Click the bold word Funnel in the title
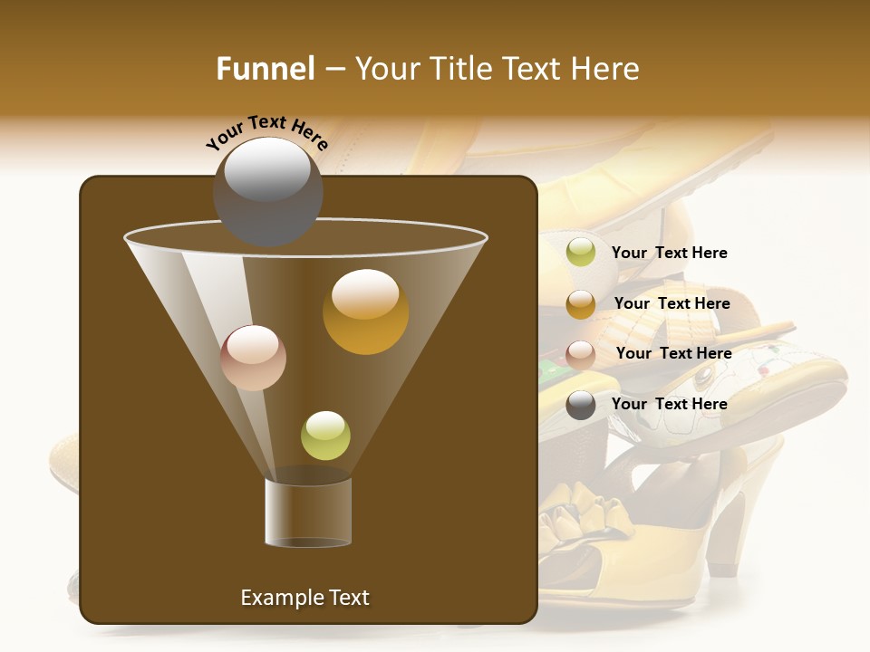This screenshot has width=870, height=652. click(x=265, y=69)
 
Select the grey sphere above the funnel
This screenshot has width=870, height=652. click(x=267, y=191)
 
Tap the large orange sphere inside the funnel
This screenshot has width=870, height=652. click(x=365, y=312)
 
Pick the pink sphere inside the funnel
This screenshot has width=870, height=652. click(x=253, y=358)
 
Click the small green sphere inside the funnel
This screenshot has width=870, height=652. click(x=325, y=436)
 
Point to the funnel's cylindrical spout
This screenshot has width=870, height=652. click(x=308, y=512)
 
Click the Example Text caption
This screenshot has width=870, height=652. click(x=304, y=598)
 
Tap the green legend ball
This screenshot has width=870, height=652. click(x=581, y=253)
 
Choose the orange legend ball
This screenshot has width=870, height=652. click(x=581, y=304)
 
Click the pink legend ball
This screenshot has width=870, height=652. click(x=581, y=354)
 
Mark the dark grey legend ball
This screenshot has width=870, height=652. click(x=581, y=405)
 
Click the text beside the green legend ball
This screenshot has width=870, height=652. click(x=669, y=253)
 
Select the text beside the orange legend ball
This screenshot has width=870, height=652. click(x=672, y=303)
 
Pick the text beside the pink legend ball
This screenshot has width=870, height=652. click(x=673, y=353)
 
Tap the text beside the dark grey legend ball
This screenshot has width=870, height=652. click(x=669, y=404)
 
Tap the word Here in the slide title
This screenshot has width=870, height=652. click(x=604, y=69)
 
